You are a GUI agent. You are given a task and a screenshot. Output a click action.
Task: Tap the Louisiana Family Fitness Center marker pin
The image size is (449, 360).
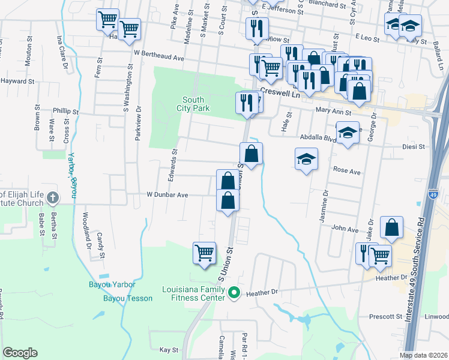coord(235,294)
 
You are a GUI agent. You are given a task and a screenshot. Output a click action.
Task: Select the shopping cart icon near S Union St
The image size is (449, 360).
coord(204,252)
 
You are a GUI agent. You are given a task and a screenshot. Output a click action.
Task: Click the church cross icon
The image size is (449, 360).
coord(53,197)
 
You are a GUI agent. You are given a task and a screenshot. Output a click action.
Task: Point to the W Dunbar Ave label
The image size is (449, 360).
coord(167,195)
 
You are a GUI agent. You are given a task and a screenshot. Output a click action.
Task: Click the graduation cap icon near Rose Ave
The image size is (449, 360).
coord(306,159)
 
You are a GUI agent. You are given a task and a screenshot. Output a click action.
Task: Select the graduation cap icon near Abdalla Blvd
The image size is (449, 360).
coord(348,133)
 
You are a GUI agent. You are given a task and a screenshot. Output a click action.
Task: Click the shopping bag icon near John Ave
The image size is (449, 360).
coord(392,228)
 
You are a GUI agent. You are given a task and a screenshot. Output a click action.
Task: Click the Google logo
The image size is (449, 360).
coord(20,353)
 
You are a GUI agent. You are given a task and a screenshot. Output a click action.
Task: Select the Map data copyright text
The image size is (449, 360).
coord(423,355)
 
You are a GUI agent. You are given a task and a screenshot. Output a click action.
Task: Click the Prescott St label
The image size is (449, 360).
coord(385,316)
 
